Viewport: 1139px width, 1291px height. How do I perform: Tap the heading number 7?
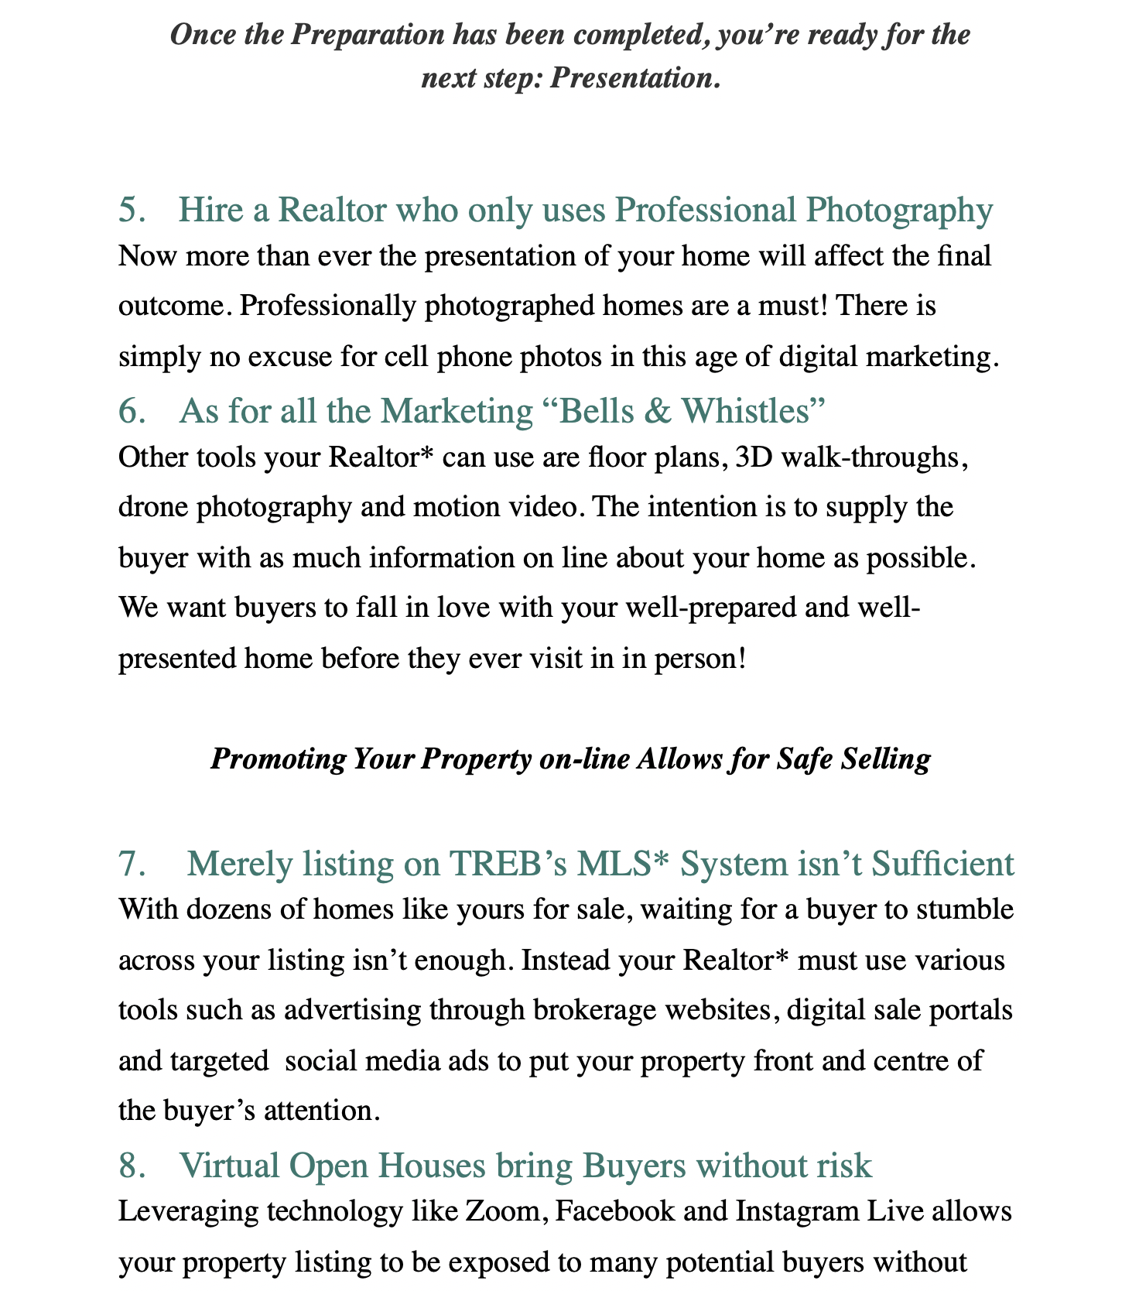click(x=132, y=864)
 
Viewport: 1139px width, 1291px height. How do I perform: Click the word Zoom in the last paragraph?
click(x=506, y=1211)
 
